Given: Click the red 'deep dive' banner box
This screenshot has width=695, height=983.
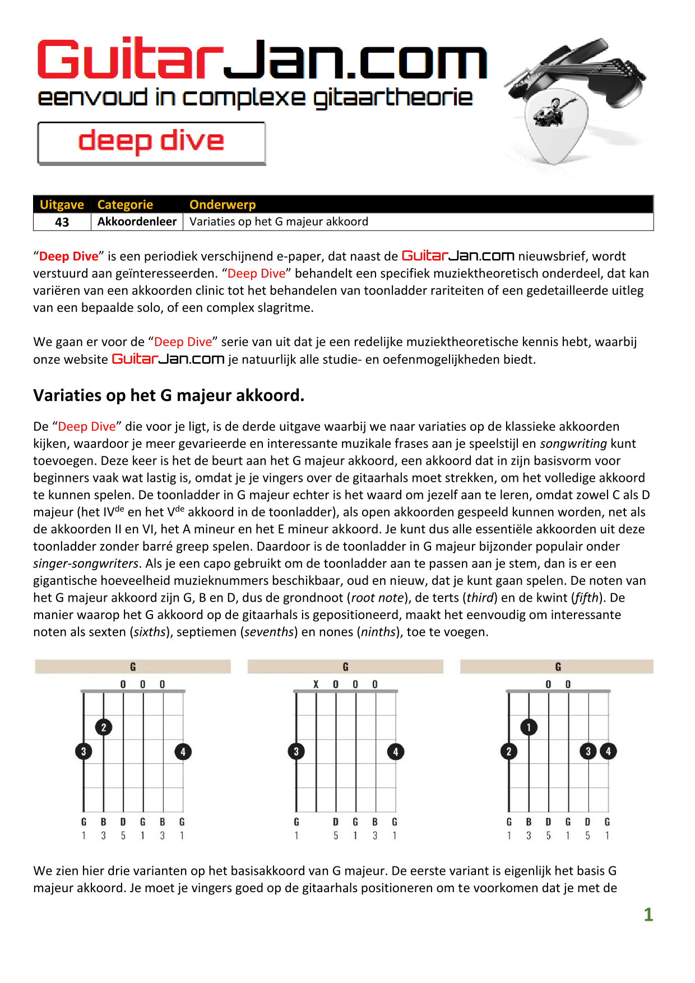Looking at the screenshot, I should [x=151, y=142].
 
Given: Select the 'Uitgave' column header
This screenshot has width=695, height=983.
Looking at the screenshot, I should [x=62, y=205].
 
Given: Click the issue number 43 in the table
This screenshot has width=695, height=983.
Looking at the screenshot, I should [x=62, y=222].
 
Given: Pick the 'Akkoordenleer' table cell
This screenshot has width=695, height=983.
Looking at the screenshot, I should [x=137, y=221].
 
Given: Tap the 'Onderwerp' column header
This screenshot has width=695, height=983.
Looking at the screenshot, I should [x=223, y=205].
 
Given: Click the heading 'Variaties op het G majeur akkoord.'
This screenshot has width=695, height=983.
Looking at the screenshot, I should [x=169, y=395].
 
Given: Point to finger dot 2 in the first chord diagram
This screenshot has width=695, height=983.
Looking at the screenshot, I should [x=104, y=727].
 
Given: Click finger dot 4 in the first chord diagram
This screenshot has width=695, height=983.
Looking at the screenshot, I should [x=183, y=751].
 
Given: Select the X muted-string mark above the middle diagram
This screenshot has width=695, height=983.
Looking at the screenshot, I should [x=316, y=684].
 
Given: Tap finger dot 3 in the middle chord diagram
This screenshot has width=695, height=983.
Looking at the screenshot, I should [x=296, y=751].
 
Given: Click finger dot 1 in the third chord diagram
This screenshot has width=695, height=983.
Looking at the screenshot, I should [x=529, y=727].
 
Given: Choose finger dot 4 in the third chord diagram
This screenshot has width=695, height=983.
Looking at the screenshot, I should [x=608, y=751].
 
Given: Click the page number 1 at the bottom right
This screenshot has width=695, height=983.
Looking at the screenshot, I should [x=648, y=915].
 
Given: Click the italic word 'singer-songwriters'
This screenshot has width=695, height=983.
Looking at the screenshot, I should [x=86, y=564].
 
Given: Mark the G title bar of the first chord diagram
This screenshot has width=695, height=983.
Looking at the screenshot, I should [x=133, y=667].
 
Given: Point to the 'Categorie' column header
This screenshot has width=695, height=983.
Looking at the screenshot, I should [x=125, y=205].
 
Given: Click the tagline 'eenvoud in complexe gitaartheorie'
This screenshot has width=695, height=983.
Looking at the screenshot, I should [x=255, y=98].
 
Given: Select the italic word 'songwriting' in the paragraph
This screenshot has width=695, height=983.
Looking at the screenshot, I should [x=573, y=444].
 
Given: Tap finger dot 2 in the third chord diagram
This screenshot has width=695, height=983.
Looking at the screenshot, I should [x=509, y=751].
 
